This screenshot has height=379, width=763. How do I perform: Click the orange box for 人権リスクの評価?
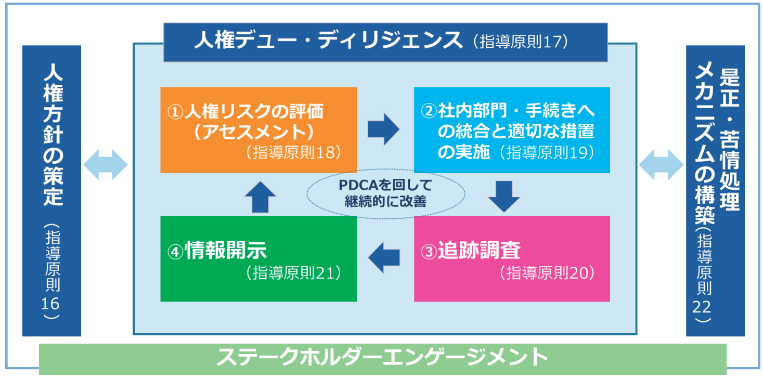tap(258, 130)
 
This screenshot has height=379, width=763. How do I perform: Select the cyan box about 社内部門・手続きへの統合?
tap(512, 130)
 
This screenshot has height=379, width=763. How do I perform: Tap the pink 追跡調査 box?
tap(512, 258)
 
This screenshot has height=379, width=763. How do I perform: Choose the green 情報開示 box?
tap(258, 258)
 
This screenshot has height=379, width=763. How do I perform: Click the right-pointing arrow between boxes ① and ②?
tap(383, 129)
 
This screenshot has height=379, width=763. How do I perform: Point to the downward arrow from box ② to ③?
tap(504, 197)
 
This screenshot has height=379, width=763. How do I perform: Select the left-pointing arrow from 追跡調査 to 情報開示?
tap(384, 257)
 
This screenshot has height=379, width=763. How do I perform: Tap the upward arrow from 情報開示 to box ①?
tap(260, 197)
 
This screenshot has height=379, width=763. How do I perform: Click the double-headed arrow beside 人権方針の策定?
tap(106, 164)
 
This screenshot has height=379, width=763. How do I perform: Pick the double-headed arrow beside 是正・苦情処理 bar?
tap(661, 164)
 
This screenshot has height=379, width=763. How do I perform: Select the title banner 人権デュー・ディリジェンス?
tap(385, 42)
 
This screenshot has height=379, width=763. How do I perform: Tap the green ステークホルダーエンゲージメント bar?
tap(382, 359)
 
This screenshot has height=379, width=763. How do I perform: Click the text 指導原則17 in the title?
tap(521, 42)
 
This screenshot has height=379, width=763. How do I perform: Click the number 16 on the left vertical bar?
tap(50, 304)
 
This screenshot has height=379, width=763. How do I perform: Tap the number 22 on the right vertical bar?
tap(702, 307)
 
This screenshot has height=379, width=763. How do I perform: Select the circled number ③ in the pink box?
tap(429, 252)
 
